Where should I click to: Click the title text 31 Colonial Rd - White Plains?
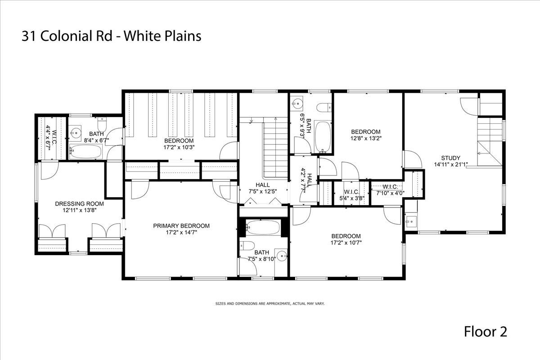[111, 36]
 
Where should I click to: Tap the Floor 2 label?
[486, 332]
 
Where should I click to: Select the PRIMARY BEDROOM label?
[181, 226]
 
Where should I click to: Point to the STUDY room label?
[450, 158]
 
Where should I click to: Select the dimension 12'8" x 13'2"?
[366, 139]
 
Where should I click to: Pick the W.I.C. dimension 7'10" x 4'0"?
[390, 193]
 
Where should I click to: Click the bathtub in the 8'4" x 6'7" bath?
[86, 152]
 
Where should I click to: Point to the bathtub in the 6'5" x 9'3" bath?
[322, 137]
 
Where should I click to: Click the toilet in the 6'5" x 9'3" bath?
[324, 108]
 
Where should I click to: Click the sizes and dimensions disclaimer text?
[270, 304]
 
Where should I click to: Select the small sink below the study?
[411, 221]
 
